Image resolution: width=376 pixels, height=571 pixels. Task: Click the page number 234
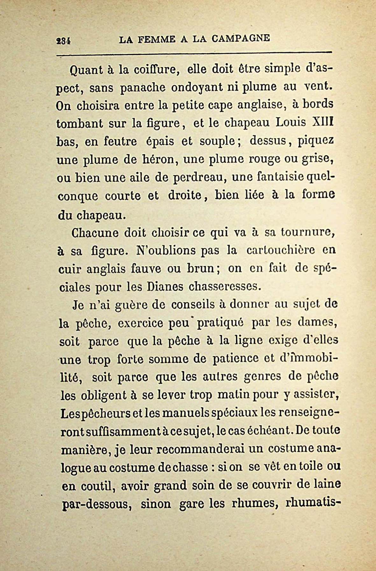[63, 41]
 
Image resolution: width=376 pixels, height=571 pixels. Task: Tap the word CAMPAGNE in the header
[241, 39]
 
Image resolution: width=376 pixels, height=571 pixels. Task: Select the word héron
[159, 159]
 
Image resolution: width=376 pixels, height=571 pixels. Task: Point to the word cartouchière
[280, 250]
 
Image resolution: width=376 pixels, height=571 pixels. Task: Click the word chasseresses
[225, 287]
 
